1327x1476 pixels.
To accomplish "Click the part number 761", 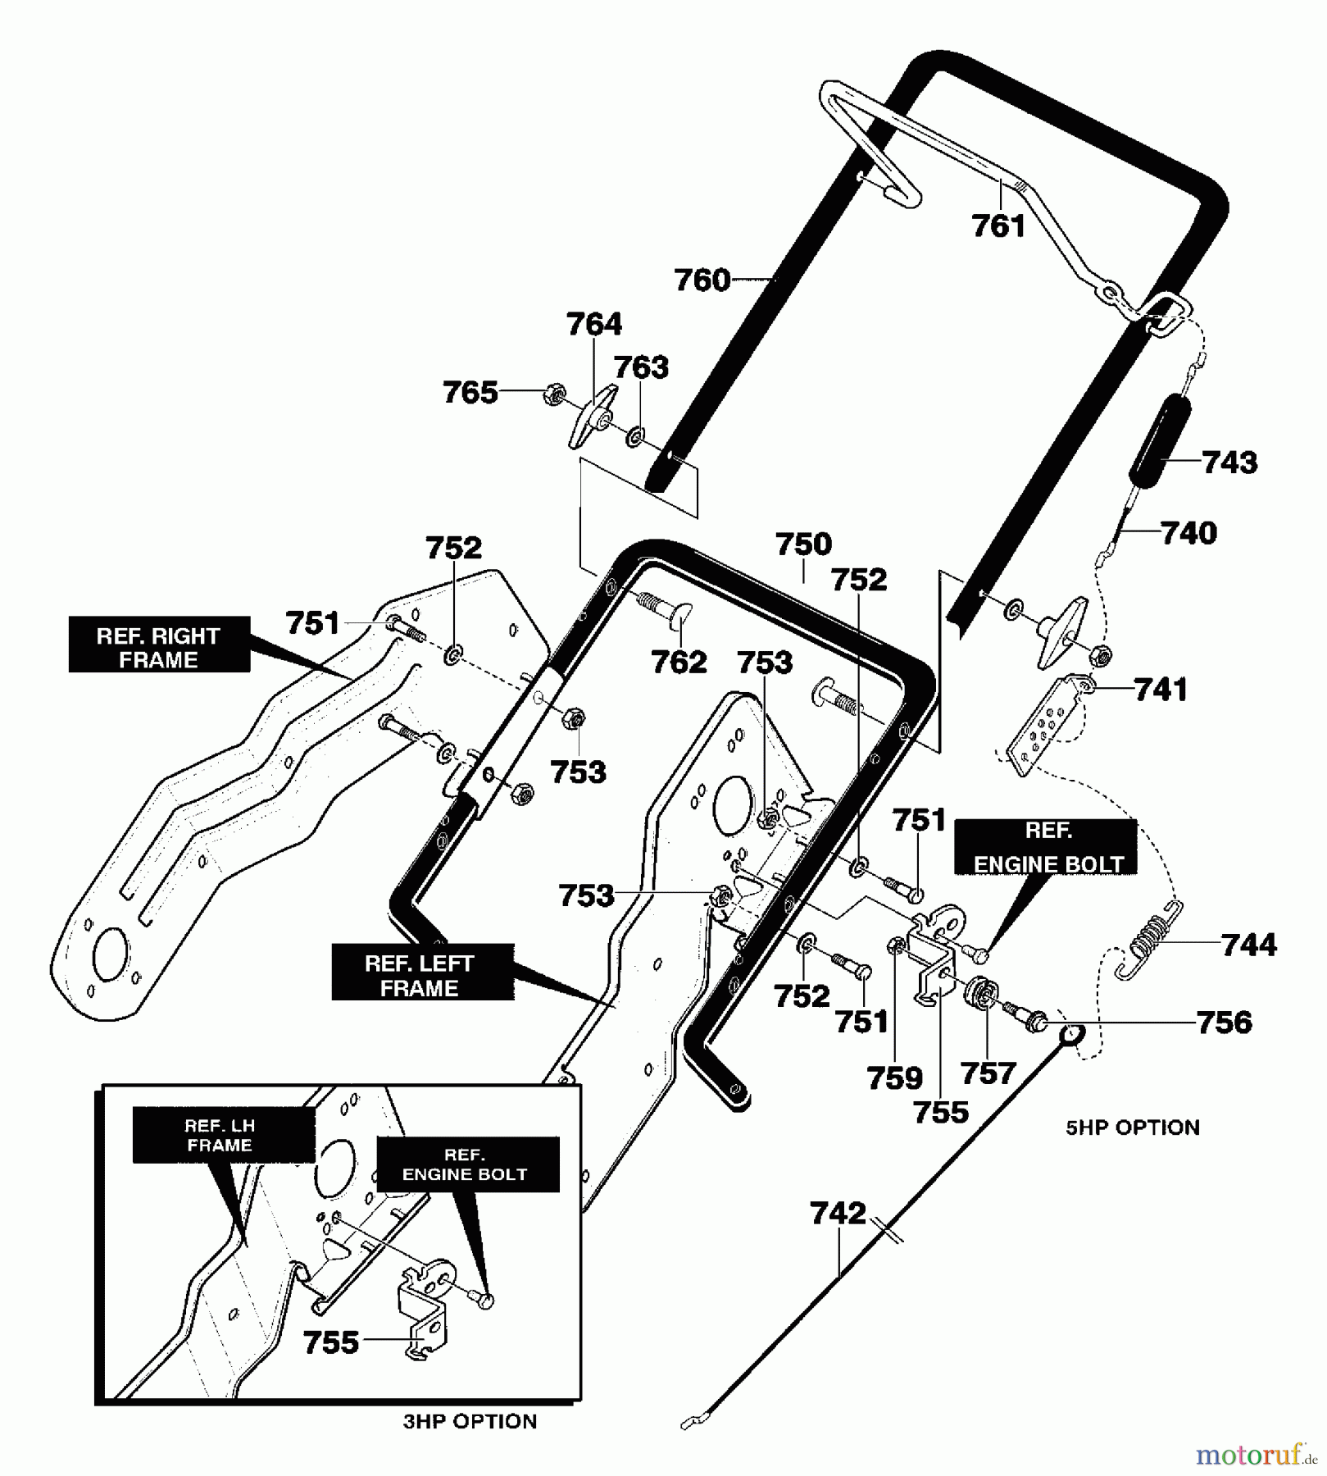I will [998, 225].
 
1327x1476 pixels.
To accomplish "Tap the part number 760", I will [702, 280].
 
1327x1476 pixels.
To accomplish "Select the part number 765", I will [470, 393].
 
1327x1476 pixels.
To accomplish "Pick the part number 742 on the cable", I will [838, 1213].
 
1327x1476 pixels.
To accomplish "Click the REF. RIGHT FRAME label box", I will [158, 648].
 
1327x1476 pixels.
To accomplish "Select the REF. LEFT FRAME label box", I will [422, 975].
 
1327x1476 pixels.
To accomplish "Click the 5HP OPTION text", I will [1132, 1127].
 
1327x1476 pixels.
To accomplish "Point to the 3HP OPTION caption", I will [470, 1421].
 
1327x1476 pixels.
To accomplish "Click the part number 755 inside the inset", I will [331, 1342].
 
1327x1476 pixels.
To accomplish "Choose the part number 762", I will [679, 662].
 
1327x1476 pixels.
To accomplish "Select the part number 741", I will [1161, 690].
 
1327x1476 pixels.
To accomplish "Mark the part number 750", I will [803, 544].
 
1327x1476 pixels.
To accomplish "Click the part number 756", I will [1224, 1023].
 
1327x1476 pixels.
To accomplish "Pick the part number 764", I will [593, 324].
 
